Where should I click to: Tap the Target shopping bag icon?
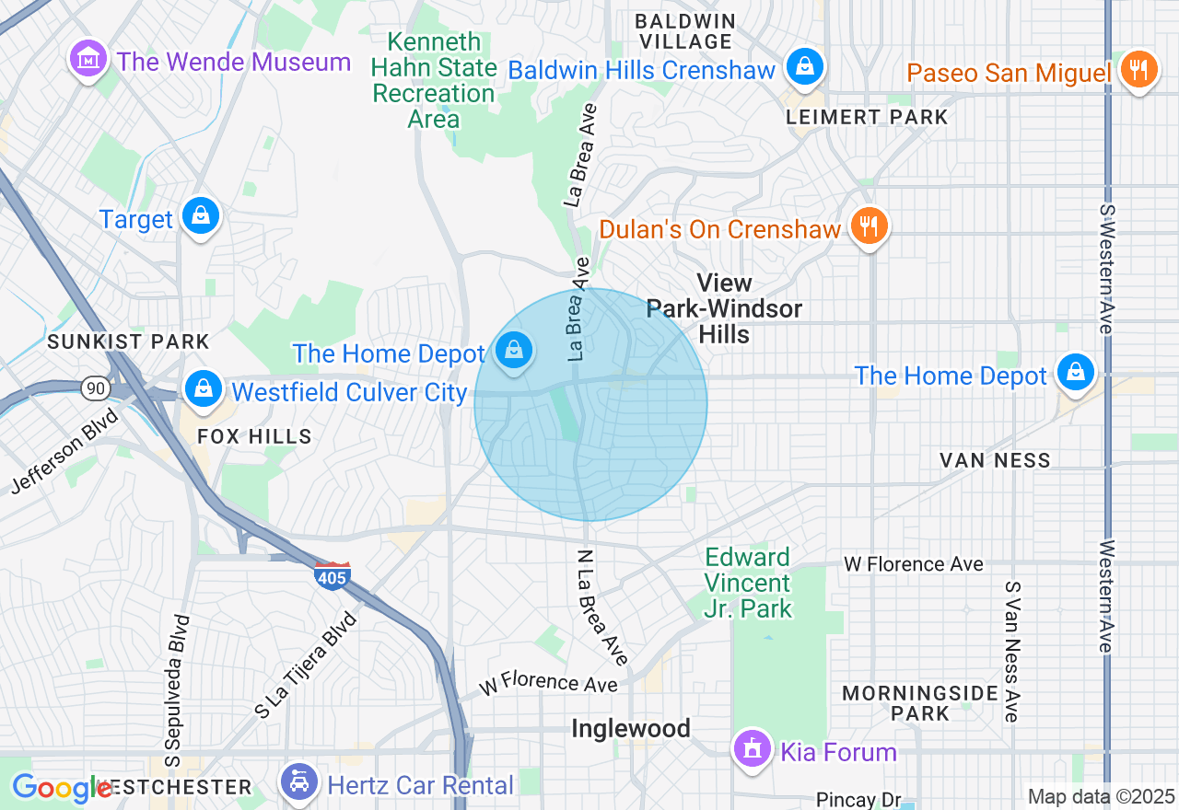(x=199, y=217)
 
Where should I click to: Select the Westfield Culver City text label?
(x=349, y=392)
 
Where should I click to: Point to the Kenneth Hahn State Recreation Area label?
(x=434, y=81)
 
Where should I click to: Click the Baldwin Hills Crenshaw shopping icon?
(x=805, y=67)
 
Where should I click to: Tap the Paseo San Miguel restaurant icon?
(x=1139, y=70)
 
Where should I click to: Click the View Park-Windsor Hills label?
(x=724, y=308)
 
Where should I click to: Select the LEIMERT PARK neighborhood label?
(x=867, y=117)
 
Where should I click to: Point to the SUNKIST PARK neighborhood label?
(x=129, y=341)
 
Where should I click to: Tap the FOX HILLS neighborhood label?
(x=255, y=436)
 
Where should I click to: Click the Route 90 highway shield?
(x=96, y=388)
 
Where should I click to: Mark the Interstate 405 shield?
(x=332, y=576)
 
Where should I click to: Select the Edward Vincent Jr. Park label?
(x=747, y=583)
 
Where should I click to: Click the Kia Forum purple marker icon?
(x=753, y=748)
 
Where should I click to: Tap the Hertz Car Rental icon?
(x=298, y=783)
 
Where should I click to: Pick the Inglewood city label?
(x=631, y=729)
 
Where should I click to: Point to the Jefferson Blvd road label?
(x=65, y=452)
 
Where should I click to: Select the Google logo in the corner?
(x=61, y=788)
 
